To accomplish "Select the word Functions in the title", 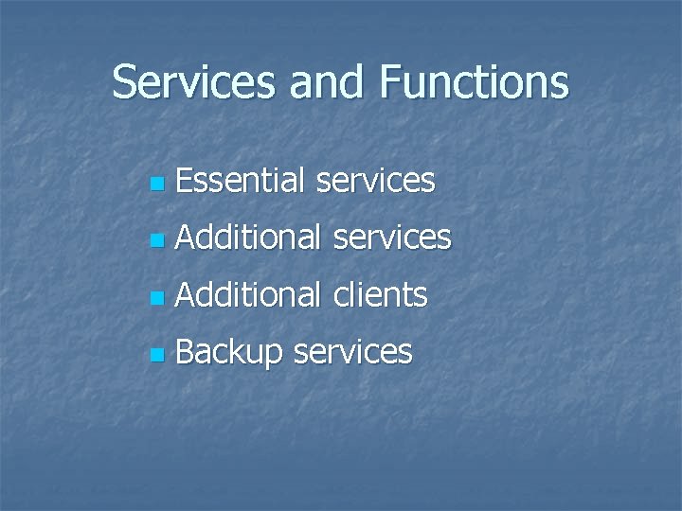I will click(x=475, y=82).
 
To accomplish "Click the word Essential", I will click(x=240, y=180).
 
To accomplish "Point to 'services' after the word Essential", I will click(x=375, y=181).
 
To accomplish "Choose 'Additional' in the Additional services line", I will click(x=248, y=238).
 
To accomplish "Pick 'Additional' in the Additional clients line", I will click(x=248, y=295).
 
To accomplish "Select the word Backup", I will click(x=229, y=353).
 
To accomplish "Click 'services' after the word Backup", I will click(x=352, y=353).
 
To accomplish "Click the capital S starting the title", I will click(x=124, y=82).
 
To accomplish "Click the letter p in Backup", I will click(x=273, y=356).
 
